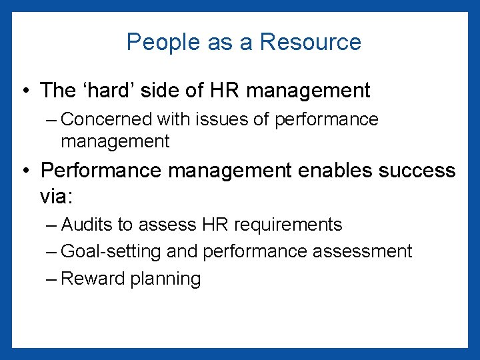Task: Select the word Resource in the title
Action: (310, 42)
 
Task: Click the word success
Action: (417, 170)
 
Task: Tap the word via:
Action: (59, 198)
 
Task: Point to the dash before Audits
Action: (52, 225)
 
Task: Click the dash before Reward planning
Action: (52, 279)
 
